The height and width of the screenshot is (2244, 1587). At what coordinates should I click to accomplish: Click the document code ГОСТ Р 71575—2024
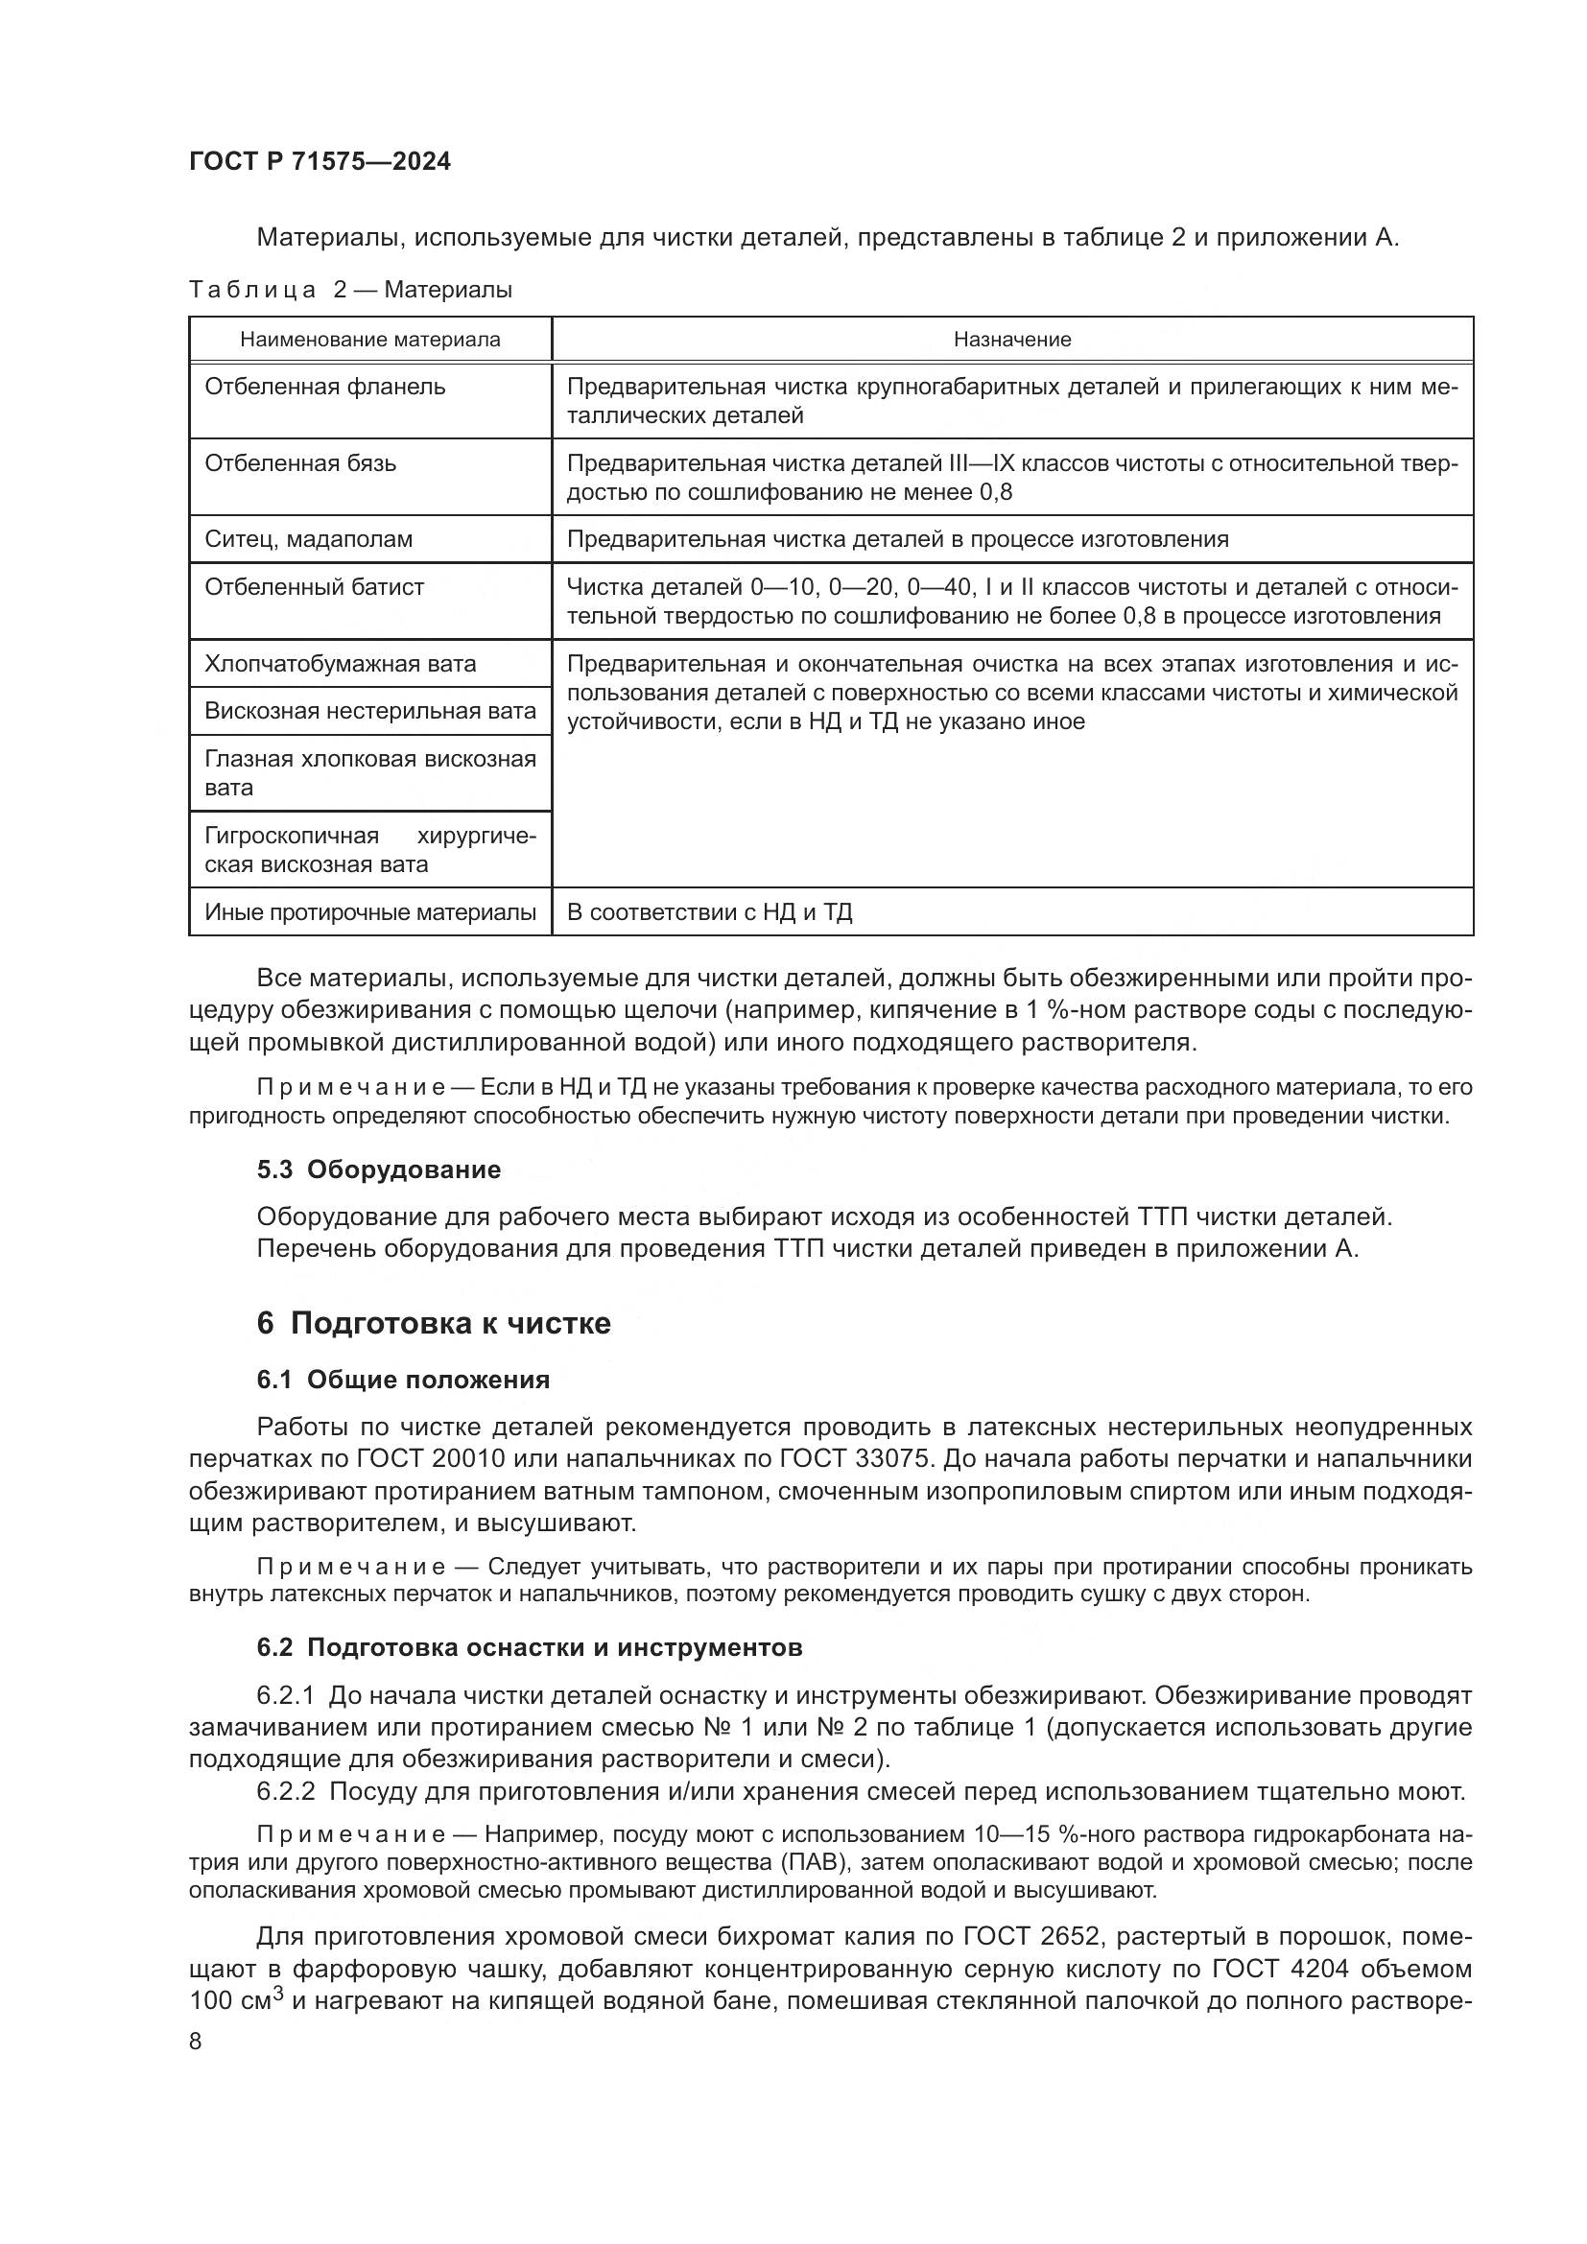(x=320, y=162)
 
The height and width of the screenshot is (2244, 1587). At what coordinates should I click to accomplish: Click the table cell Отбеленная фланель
(x=324, y=387)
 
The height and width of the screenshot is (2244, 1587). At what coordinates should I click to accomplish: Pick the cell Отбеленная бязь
(x=300, y=463)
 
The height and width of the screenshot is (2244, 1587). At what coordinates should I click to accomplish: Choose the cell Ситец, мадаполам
(x=308, y=539)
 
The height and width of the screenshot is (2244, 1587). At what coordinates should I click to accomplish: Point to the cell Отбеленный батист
(x=314, y=587)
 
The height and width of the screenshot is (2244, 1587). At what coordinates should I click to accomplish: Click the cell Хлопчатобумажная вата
(x=340, y=665)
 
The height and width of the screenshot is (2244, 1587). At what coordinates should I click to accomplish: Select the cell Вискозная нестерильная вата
(x=369, y=712)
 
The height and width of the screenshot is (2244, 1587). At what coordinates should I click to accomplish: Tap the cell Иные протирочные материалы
(x=369, y=912)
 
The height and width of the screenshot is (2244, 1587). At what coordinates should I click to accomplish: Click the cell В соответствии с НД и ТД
(x=708, y=912)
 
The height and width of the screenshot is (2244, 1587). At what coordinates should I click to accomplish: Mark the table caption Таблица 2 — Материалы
(x=350, y=290)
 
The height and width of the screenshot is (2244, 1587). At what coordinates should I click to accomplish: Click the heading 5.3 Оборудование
(x=378, y=1169)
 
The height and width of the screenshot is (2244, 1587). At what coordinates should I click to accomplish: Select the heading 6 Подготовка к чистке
(x=433, y=1323)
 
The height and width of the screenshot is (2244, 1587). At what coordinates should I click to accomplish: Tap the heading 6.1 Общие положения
(x=403, y=1380)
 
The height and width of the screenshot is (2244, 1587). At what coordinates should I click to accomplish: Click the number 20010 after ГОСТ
(x=464, y=1460)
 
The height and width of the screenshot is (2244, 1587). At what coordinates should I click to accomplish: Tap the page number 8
(x=196, y=2041)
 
